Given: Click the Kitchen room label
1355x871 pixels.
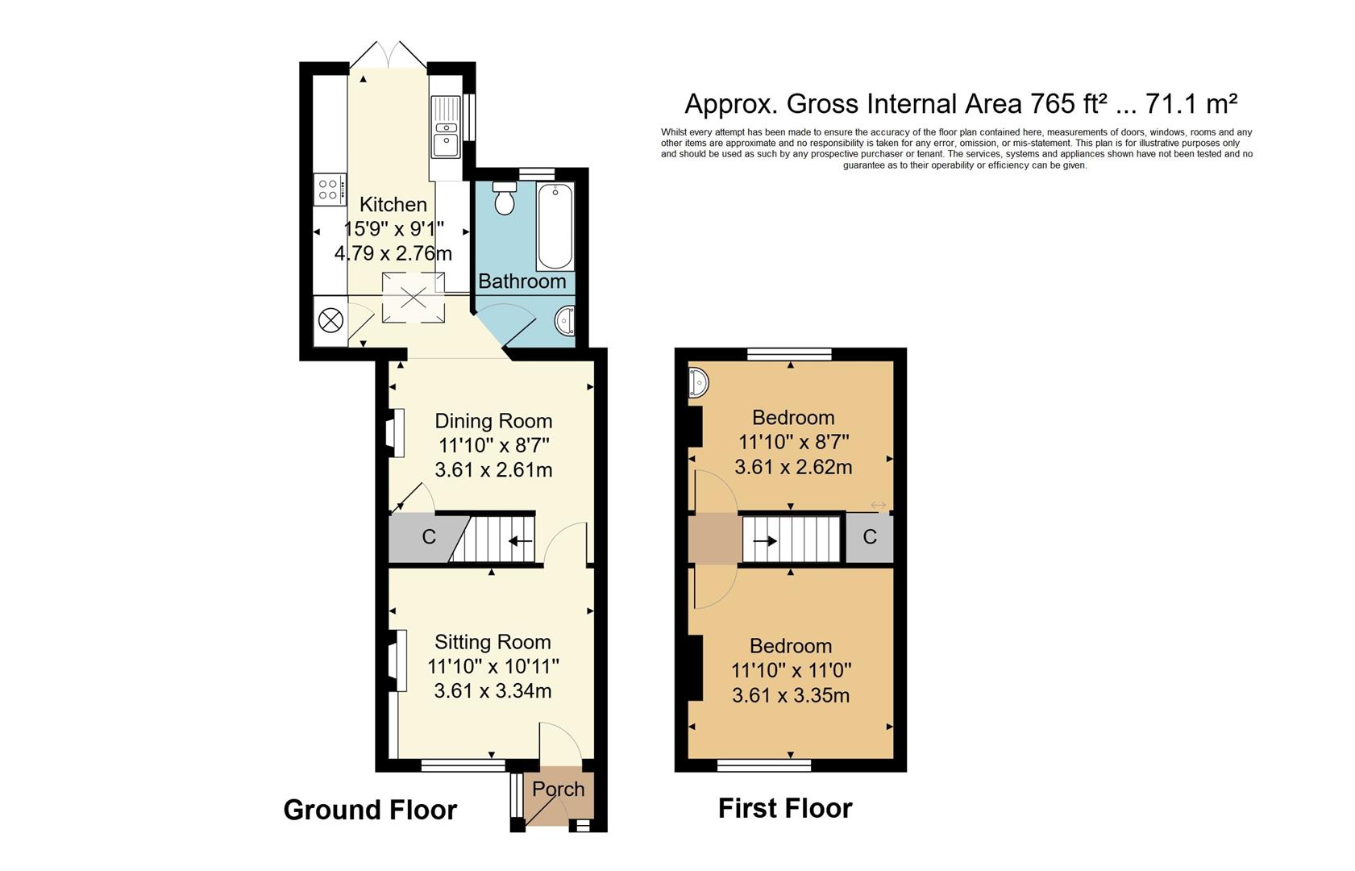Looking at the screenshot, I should click(x=393, y=204).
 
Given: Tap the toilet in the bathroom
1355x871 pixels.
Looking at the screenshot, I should click(x=505, y=198).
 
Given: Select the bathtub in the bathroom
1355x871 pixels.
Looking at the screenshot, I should click(x=555, y=227).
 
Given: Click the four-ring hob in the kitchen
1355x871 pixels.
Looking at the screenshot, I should click(x=329, y=190).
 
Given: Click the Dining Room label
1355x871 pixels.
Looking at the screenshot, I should click(x=493, y=420).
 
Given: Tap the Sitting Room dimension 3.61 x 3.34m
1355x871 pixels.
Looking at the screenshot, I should click(x=493, y=691).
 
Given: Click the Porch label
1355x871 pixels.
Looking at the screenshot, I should click(x=558, y=789).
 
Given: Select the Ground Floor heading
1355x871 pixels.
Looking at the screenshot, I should click(x=370, y=810).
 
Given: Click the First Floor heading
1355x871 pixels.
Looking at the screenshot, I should click(x=784, y=808).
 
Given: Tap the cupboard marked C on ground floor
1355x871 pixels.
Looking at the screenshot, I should click(x=428, y=537).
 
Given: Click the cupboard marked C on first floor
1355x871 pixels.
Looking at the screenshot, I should click(x=869, y=537).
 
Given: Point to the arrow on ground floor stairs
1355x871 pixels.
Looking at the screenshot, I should click(x=521, y=541).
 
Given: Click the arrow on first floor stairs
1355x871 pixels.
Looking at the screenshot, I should click(x=765, y=541).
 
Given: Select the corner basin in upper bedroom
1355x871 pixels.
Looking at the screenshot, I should click(x=698, y=382).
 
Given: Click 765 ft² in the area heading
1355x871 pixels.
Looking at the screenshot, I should click(x=1067, y=103).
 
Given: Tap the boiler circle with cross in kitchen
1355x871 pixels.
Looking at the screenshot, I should click(x=330, y=320).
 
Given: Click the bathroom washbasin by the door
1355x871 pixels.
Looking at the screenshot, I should click(x=566, y=320).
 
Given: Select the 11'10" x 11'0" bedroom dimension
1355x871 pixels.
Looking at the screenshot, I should click(x=791, y=670).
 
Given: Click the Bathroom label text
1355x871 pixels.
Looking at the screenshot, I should click(x=522, y=281).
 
